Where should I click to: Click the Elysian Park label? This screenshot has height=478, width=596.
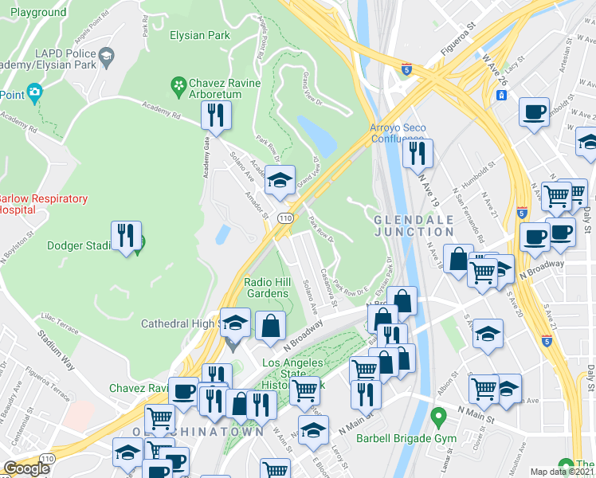199,35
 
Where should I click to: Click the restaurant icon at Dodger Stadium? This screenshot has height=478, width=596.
126,236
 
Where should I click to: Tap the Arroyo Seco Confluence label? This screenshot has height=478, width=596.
398,132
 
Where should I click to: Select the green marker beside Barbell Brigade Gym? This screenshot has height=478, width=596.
437,416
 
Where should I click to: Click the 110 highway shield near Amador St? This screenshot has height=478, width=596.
284,217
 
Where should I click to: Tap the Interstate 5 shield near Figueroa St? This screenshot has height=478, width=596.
406,69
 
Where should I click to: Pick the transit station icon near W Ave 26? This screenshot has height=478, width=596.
502,95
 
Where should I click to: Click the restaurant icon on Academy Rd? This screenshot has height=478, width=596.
215,115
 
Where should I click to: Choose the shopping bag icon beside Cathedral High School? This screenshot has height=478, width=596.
271,324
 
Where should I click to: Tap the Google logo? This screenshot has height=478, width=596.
27,468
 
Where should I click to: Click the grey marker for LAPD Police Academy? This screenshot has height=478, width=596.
107,57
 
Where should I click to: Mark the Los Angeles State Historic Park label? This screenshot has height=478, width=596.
293,374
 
